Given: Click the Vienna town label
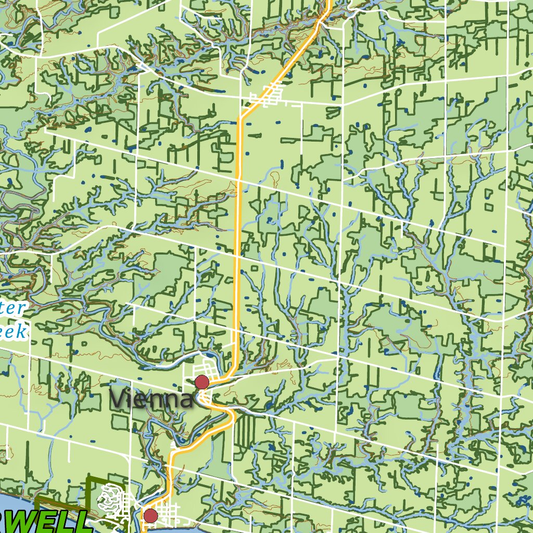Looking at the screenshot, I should pos(151,400).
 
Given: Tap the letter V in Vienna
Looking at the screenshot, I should pos(117,399).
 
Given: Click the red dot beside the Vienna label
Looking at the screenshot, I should pos(202,383).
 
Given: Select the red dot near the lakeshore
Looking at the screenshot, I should pos(151,516).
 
